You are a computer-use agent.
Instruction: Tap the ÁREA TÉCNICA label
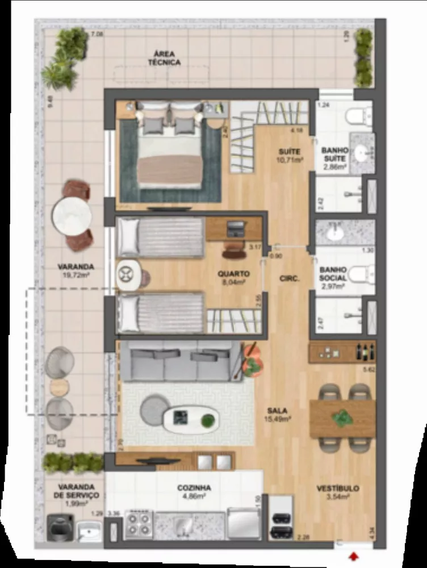click(x=164, y=59)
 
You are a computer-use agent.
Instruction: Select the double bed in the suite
click(x=170, y=151)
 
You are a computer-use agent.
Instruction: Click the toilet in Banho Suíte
click(x=357, y=117)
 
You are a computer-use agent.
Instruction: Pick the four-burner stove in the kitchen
click(x=139, y=524)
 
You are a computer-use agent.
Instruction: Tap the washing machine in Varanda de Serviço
click(x=60, y=528)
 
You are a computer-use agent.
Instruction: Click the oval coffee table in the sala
click(x=190, y=419)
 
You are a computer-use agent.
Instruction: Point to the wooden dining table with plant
click(x=342, y=418)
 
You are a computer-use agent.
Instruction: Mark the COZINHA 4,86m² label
click(x=194, y=491)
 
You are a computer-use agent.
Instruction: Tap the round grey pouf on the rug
click(x=152, y=408)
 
